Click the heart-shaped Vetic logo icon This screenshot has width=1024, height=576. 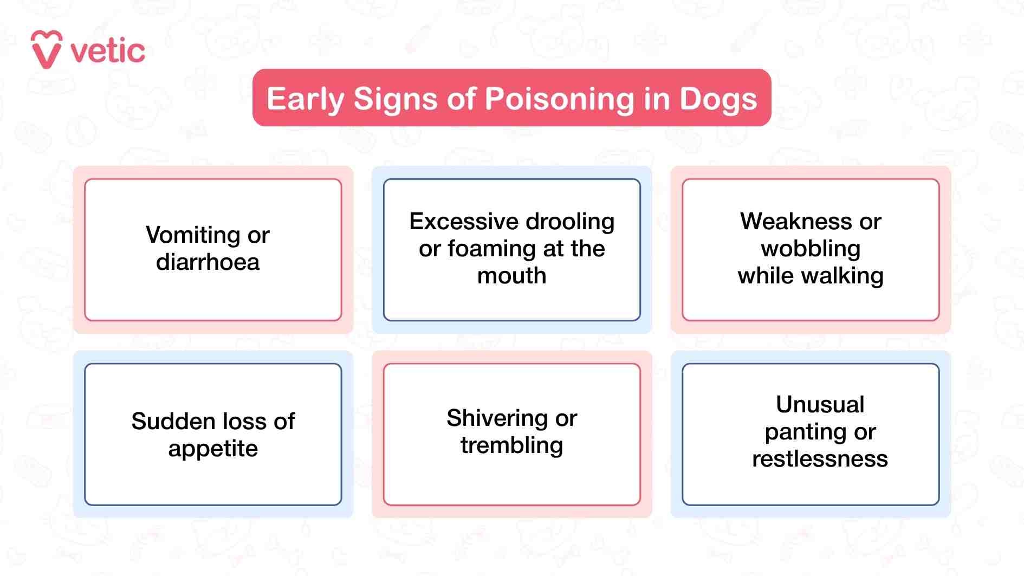click(x=46, y=49)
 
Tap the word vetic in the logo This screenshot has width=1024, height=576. click(x=108, y=52)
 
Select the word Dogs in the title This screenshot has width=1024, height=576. click(x=718, y=99)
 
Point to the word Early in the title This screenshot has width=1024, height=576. click(x=306, y=99)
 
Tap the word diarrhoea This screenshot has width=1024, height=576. click(x=208, y=262)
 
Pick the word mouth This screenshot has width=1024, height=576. click(x=511, y=276)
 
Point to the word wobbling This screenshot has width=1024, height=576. click(x=811, y=249)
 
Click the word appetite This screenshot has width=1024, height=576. click(x=213, y=449)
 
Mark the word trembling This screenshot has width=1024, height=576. click(x=511, y=445)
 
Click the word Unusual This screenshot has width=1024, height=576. click(x=820, y=404)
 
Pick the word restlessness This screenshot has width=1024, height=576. click(x=820, y=459)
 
